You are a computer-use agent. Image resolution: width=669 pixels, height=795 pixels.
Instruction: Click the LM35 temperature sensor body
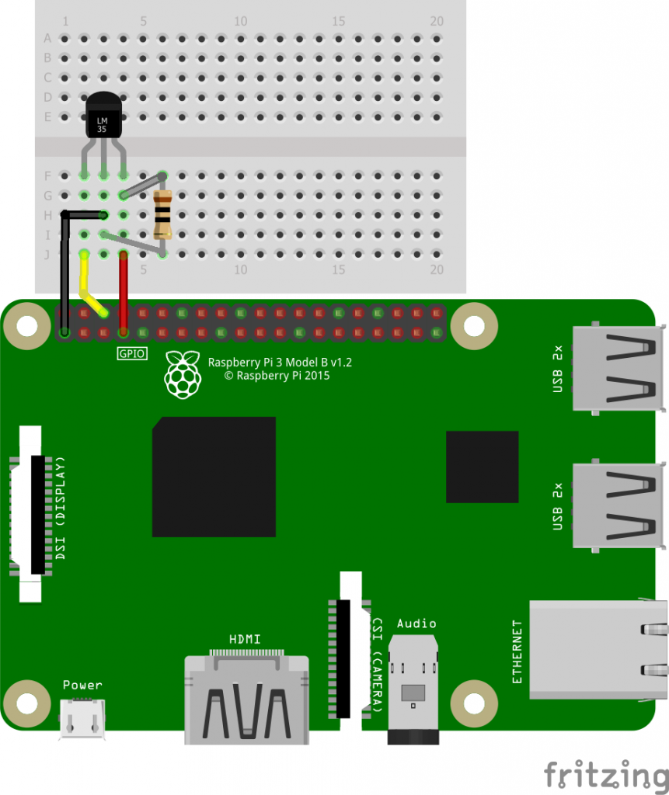point(103,115)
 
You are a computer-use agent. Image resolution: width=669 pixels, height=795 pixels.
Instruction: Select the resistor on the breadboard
point(162,214)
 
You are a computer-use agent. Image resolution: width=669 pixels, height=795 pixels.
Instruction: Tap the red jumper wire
point(124,293)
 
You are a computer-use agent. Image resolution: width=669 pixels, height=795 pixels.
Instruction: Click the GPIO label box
point(132,353)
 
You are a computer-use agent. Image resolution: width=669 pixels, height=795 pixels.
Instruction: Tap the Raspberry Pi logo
point(183,375)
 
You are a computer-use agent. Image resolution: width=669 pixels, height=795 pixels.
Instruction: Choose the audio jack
point(413,689)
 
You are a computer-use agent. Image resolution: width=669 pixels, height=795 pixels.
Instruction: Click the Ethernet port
point(599,650)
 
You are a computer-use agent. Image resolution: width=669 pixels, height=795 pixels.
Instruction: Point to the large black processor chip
point(214,477)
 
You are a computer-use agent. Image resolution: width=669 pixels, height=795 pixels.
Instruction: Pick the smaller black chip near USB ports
point(483,467)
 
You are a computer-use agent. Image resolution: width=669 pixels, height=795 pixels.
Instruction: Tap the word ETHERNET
point(517,651)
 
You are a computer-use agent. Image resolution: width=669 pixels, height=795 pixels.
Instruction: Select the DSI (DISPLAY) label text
point(61,508)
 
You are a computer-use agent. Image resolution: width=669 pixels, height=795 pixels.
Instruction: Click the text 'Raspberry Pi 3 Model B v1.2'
point(280,362)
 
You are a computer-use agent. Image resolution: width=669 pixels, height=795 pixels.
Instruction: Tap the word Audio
point(416,623)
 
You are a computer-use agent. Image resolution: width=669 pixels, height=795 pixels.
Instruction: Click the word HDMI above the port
point(245,639)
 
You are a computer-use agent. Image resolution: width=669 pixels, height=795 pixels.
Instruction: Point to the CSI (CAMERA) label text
point(378,665)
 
